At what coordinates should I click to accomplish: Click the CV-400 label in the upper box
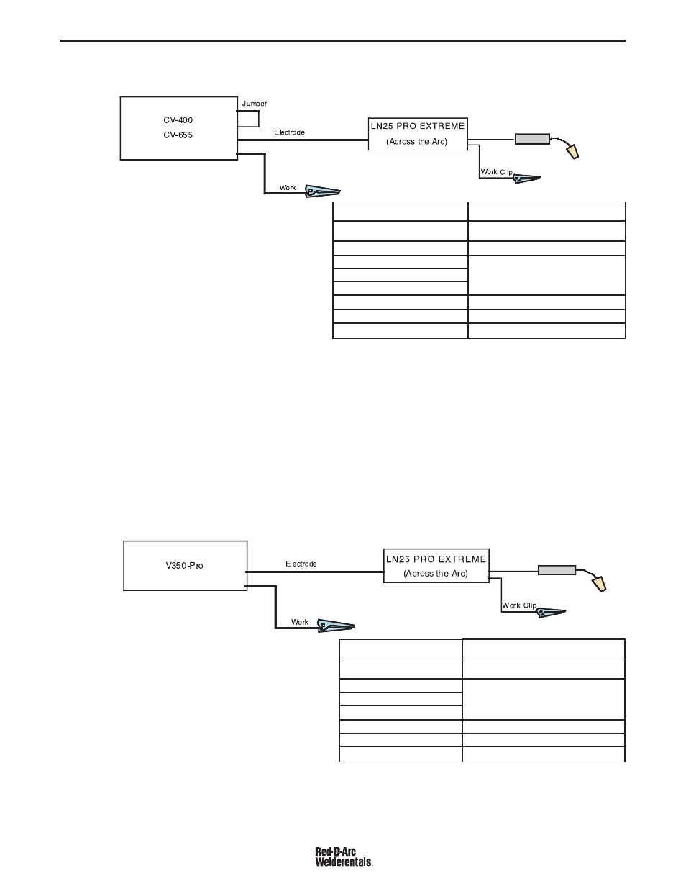coord(178,120)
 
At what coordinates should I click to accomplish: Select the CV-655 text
coord(178,135)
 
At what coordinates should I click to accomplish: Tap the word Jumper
coord(254,104)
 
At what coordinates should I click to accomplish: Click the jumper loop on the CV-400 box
coord(258,119)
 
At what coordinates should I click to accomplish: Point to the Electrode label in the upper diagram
coord(289,132)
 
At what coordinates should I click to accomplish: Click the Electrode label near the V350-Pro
coord(301,564)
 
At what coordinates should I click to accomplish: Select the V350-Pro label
coord(184,565)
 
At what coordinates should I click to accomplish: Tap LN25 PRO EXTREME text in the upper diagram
coord(418,126)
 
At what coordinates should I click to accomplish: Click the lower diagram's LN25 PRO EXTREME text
coord(436,559)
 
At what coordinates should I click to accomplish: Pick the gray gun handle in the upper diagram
coord(532,139)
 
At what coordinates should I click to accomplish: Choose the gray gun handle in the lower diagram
coord(557,570)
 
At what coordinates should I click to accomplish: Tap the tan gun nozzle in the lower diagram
coord(600,584)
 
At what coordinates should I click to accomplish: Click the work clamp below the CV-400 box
coord(322,191)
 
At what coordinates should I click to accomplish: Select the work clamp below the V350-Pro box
coord(335,626)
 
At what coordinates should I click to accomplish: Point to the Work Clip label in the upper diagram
coord(496,172)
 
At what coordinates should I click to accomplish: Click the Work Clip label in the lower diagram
coord(519,605)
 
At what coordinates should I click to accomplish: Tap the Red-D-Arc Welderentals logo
coord(344,857)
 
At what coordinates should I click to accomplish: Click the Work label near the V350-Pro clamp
coord(299,622)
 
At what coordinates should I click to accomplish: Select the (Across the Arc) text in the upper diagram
coord(417,142)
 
